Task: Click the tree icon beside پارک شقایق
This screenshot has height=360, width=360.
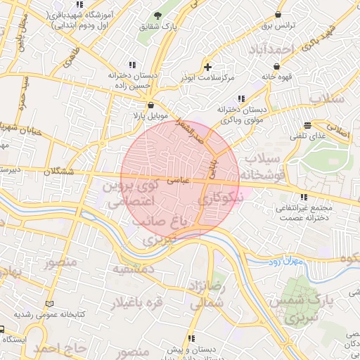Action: coord(157,15)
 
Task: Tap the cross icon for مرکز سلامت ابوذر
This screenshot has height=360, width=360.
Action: coord(207,66)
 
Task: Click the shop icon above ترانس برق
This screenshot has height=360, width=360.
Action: coord(279,14)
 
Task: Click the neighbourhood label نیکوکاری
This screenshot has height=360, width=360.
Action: coord(220,200)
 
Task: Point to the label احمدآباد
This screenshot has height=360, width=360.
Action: coord(269,50)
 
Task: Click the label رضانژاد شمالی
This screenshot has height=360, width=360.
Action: coord(206,295)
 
